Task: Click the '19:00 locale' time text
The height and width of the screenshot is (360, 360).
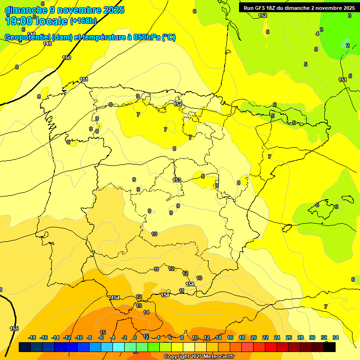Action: pyautogui.click(x=36, y=20)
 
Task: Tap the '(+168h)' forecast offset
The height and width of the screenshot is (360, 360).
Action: pyautogui.click(x=83, y=21)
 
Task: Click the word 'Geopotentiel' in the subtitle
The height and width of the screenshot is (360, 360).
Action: pyautogui.click(x=27, y=37)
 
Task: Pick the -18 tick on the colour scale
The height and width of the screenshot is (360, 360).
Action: pyautogui.click(x=32, y=337)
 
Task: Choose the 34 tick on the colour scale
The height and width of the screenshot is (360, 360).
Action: pyautogui.click(x=336, y=337)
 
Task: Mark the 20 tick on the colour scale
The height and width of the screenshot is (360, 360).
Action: pyautogui.click(x=254, y=337)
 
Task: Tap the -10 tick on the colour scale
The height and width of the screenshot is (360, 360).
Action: pyautogui.click(x=79, y=337)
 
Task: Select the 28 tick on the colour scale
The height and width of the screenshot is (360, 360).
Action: pyautogui.click(x=300, y=337)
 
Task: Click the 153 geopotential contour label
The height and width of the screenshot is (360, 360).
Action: pyautogui.click(x=177, y=180)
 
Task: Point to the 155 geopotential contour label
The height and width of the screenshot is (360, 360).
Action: pyautogui.click(x=14, y=329)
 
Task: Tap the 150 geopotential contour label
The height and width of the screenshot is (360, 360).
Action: pyautogui.click(x=67, y=58)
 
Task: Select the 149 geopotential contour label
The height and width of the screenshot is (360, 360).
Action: pyautogui.click(x=47, y=44)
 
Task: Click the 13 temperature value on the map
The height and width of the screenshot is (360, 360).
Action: pyautogui.click(x=139, y=306)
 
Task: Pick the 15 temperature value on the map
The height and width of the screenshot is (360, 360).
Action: pyautogui.click(x=103, y=332)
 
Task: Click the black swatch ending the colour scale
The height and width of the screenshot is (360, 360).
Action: pyautogui.click(x=330, y=347)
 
